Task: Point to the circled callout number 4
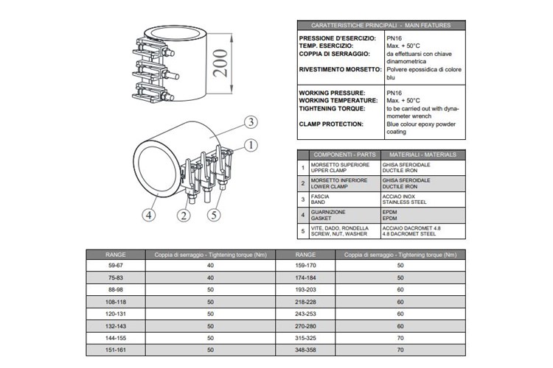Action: pyautogui.click(x=149, y=215)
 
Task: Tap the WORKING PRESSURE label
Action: pyautogui.click(x=331, y=93)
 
